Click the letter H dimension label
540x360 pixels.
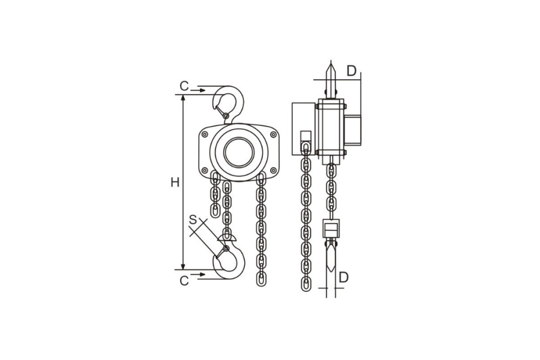coord(175,182)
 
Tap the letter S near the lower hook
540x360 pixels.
coord(193,220)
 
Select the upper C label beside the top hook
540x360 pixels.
coord(184,86)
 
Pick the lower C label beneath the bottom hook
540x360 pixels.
coord(184,281)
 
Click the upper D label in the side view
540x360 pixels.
coord(351,71)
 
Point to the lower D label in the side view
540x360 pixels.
coord(343,277)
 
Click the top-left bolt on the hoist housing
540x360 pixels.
coord(205,134)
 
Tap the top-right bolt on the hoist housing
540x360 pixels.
coord(273,134)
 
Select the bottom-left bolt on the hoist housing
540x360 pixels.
coord(205,170)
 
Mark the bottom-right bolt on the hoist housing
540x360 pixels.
coord(273,170)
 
